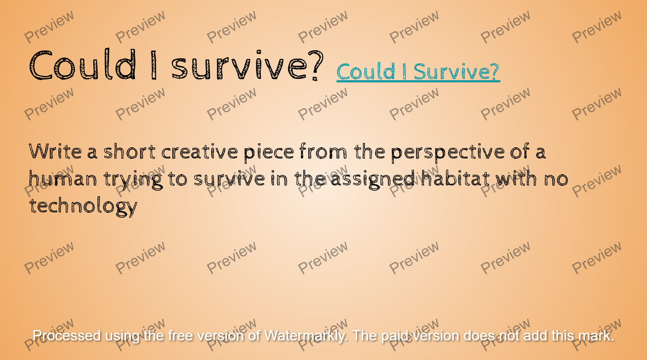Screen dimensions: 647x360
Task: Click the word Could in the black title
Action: coord(82,64)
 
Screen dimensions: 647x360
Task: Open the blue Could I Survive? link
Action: coord(418,72)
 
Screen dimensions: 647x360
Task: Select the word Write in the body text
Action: coord(55,151)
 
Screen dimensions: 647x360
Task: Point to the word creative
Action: coord(199,151)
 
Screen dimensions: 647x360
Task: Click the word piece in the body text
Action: coord(269,153)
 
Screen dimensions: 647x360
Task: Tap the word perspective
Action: coord(448,153)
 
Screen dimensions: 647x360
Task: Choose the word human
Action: coord(63,178)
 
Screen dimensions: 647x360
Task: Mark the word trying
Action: coord(133,180)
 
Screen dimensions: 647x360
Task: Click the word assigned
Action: coord(373,180)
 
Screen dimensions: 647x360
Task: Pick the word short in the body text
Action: coord(130,151)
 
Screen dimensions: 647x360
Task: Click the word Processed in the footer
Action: coord(67,336)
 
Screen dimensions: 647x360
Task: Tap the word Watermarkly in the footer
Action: coord(306,336)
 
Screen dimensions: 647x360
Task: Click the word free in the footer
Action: coord(180,336)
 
